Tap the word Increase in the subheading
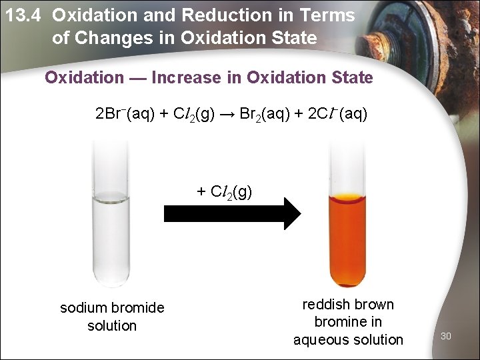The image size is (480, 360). point(185,78)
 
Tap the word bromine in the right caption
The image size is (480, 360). point(339,323)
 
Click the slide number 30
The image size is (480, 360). point(446,336)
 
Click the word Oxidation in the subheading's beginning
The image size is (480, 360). point(84,78)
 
